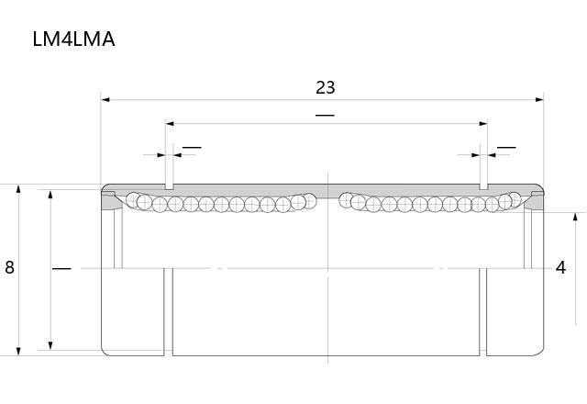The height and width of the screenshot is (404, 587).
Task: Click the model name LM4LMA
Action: [x=73, y=39]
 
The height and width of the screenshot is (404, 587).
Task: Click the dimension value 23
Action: [x=326, y=88]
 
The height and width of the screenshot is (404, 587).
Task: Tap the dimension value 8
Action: [x=9, y=267]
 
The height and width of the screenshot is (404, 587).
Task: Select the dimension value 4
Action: [x=560, y=267]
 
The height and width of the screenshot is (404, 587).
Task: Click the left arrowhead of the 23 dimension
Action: [x=105, y=100]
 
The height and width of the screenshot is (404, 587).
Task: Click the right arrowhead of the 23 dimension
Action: [x=539, y=100]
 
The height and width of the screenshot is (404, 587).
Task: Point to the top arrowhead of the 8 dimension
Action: [x=18, y=188]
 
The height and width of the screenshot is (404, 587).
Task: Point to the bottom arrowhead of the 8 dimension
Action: [x=18, y=351]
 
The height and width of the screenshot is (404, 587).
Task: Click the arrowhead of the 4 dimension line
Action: [x=575, y=217]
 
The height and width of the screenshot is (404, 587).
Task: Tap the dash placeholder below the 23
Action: [x=325, y=115]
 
